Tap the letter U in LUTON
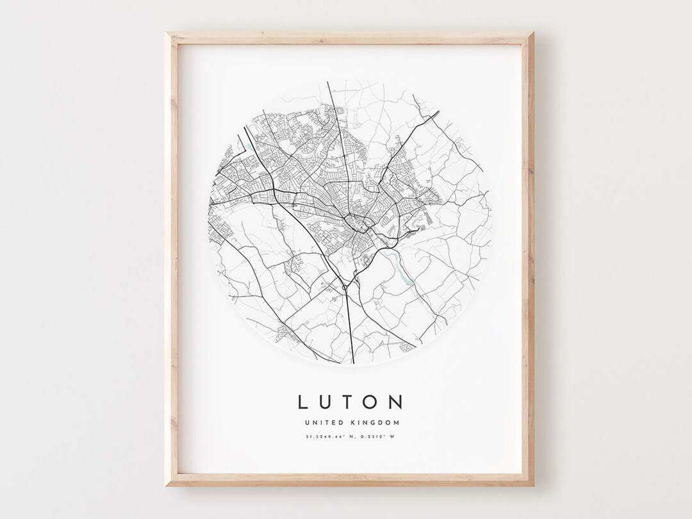(x=325, y=402)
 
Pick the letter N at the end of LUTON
(x=397, y=402)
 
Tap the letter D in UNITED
(x=343, y=422)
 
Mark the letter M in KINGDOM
(x=397, y=422)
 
